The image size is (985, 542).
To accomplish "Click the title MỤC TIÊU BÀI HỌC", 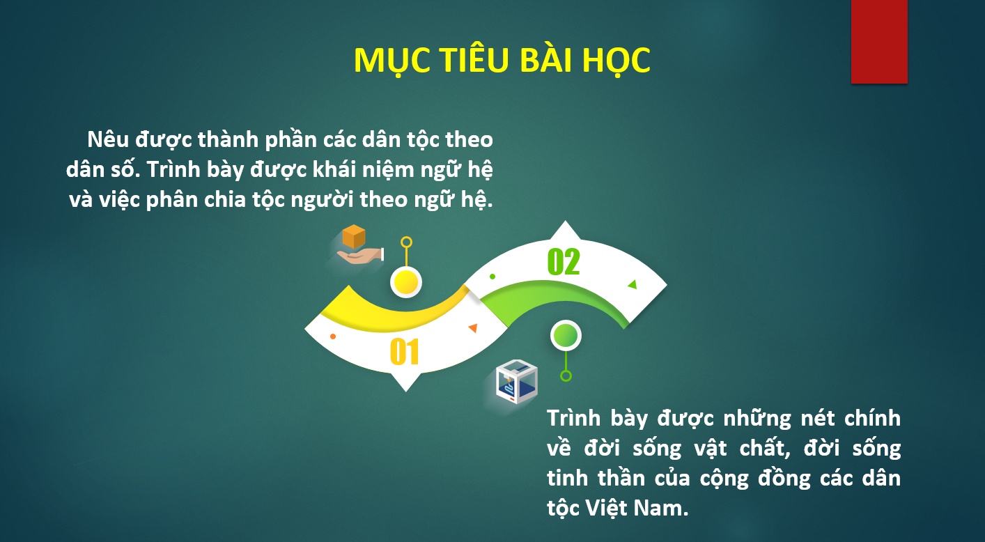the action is point(502,61).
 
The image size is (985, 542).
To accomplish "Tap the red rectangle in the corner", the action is point(879,41).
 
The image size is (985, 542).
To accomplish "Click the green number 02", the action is point(564,262).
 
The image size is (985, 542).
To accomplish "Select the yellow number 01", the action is point(405,352).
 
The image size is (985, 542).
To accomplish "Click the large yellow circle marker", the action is point(406,282).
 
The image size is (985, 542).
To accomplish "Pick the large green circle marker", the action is point(566,336).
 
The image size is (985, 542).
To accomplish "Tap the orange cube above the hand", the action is point(354,236).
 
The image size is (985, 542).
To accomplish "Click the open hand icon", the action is point(360,256).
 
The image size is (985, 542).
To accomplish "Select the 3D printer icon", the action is point(517,382).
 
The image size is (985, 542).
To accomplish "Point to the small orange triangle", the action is point(473,328).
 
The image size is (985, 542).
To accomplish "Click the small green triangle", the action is point(633,284).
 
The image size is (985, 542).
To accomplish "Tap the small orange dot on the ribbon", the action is point(333,336).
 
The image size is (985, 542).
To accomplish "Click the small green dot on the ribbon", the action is point(492,277).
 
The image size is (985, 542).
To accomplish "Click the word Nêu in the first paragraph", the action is point(108,139).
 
